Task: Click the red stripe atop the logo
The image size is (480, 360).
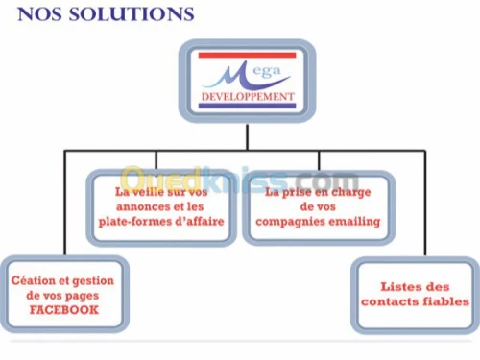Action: pyautogui.click(x=247, y=56)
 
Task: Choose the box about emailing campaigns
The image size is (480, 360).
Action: pyautogui.click(x=318, y=207)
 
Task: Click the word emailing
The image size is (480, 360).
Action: pyautogui.click(x=349, y=223)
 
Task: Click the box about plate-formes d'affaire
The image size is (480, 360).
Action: pyautogui.click(x=161, y=207)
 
